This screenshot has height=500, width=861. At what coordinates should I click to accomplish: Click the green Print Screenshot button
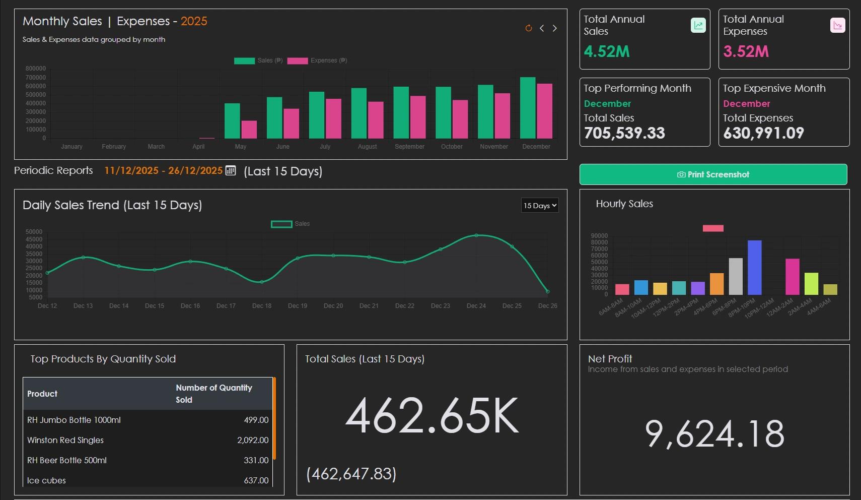coord(713,174)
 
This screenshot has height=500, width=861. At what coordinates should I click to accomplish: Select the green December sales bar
coord(527,108)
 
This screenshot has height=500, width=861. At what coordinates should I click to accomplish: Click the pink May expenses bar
coord(249,130)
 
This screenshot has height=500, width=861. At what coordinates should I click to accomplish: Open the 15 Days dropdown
coord(539,205)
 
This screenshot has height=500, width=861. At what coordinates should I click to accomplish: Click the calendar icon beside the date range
coord(231,170)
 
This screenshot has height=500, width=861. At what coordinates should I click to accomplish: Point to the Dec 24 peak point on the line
coord(476,235)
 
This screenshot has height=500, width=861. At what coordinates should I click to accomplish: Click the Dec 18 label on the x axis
coord(262,306)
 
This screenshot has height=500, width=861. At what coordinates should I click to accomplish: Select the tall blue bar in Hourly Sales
coord(754,267)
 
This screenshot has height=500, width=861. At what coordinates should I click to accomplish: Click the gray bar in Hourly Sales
coord(736,276)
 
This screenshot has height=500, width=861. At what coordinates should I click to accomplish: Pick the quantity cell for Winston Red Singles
coord(252,440)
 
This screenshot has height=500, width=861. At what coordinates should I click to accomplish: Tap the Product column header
coord(42,394)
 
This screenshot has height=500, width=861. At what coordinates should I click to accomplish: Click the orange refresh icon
coord(528,28)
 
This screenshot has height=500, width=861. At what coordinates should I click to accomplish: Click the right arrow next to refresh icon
coord(554,28)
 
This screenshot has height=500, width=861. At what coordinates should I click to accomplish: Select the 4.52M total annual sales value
coord(606,51)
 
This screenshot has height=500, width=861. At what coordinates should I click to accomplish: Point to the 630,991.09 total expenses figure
coord(763,133)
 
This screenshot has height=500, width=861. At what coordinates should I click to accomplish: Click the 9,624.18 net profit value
coord(714,434)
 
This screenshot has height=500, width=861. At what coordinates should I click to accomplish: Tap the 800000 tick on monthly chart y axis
coord(36,69)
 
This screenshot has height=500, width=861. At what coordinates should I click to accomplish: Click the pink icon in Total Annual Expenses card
coord(837,25)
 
